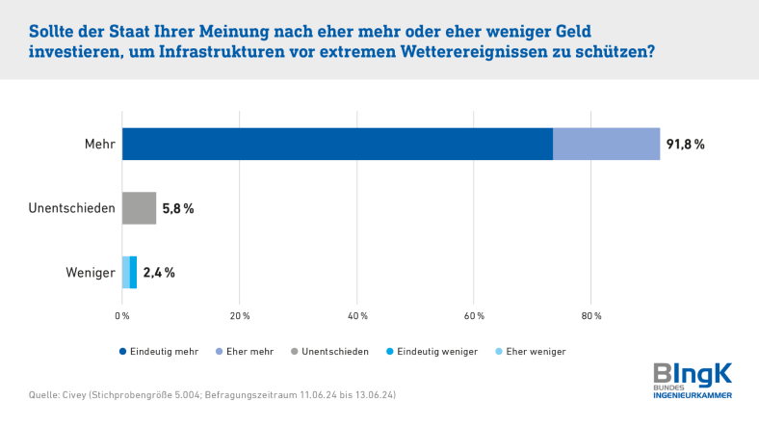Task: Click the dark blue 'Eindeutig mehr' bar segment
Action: (x=337, y=144)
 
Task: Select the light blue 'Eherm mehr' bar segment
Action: (x=606, y=144)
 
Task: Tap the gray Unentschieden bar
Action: (x=139, y=208)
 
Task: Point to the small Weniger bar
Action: (x=129, y=273)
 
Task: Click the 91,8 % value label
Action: (x=685, y=145)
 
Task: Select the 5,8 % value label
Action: (x=177, y=208)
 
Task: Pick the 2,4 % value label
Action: (x=159, y=273)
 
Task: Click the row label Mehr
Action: (x=100, y=145)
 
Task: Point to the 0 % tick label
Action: (x=122, y=315)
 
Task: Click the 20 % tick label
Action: (x=240, y=315)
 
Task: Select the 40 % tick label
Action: (x=357, y=315)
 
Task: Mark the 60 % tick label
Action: (x=474, y=315)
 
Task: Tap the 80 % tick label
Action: (x=591, y=315)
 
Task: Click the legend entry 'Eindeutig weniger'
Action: (x=436, y=352)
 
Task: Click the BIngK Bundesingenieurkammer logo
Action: (x=693, y=381)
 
